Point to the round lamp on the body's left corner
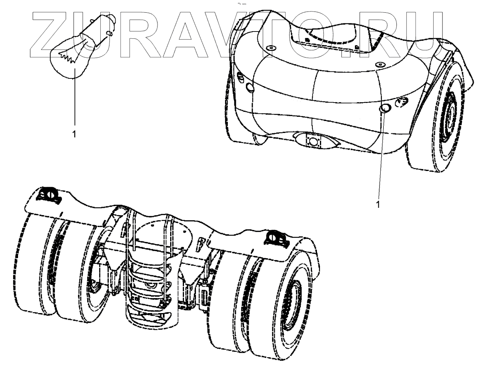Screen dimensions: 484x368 coord(250,88)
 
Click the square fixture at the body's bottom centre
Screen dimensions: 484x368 coord(313,141)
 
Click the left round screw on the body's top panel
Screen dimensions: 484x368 coord(270,49)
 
